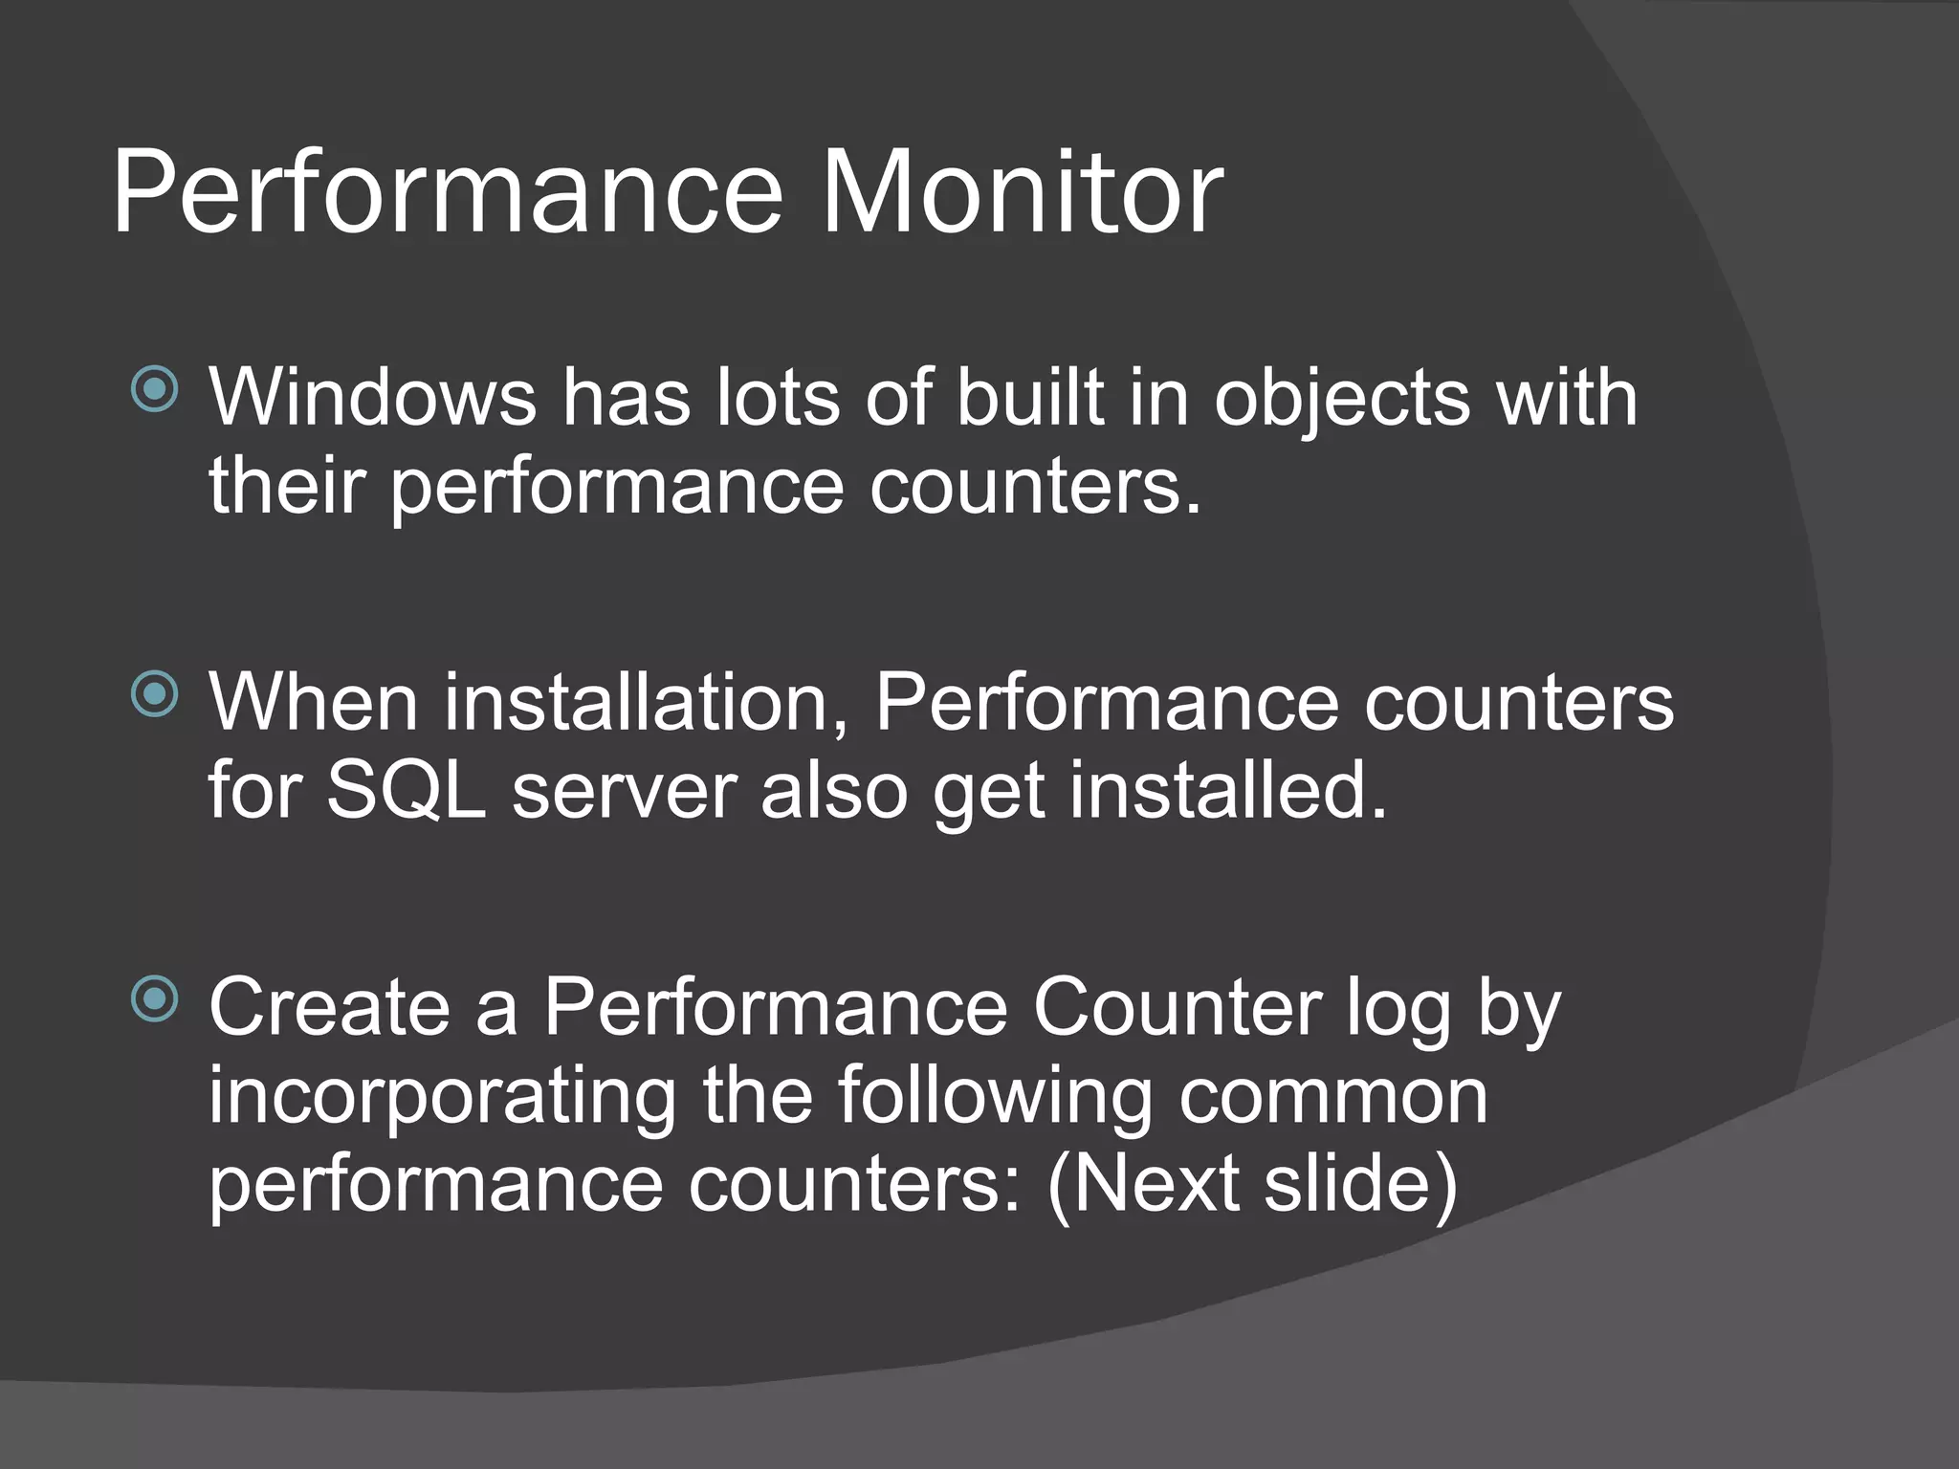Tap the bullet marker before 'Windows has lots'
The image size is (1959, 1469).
(x=154, y=388)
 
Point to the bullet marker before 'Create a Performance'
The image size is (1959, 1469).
(x=154, y=999)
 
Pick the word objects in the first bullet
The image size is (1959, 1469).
(x=1341, y=400)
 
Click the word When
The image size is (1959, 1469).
(x=314, y=702)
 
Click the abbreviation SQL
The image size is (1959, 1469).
(x=407, y=792)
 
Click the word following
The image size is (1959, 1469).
(x=995, y=1098)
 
